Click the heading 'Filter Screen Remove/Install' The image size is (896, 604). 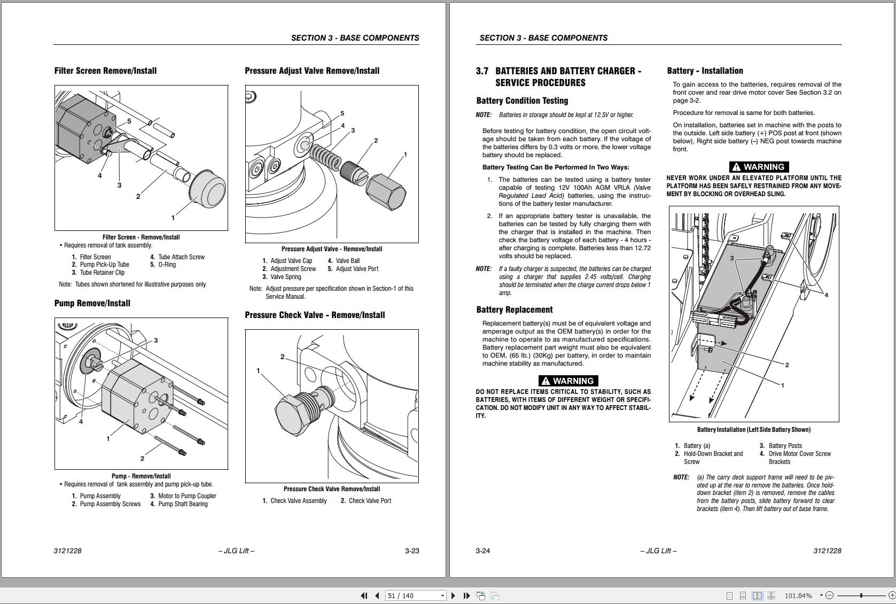click(105, 71)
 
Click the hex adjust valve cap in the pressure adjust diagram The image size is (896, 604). click(386, 191)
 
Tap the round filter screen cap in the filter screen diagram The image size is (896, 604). click(208, 191)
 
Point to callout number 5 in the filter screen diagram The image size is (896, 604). click(129, 121)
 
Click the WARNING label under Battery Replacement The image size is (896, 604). click(568, 381)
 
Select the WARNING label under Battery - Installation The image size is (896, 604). click(759, 167)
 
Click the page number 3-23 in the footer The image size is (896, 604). click(412, 551)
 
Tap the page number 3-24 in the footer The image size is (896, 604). click(482, 551)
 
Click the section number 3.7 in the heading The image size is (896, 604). click(482, 71)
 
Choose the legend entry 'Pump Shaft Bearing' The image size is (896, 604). click(183, 504)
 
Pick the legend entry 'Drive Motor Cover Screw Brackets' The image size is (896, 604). click(799, 458)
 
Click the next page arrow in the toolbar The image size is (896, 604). click(453, 595)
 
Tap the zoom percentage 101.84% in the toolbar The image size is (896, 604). click(798, 595)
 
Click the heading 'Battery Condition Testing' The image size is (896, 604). click(522, 100)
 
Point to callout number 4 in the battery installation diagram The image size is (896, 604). click(826, 295)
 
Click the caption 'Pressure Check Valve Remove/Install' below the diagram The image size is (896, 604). click(332, 489)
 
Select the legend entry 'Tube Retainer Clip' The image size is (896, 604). click(102, 273)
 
